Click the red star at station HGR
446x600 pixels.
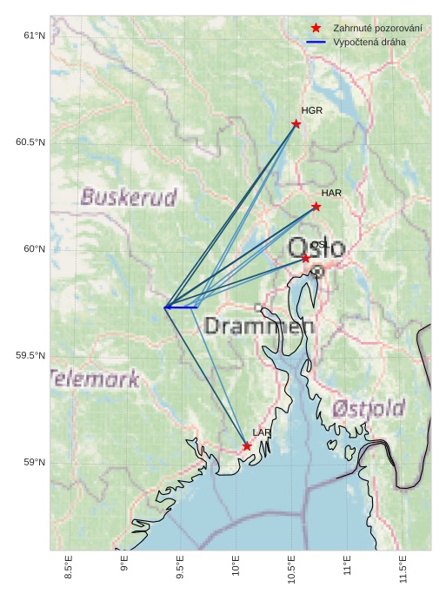pos(296,123)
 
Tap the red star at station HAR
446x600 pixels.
pos(316,207)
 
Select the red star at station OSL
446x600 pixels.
pos(306,259)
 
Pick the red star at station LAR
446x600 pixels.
pos(247,446)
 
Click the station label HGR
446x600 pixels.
pos(312,111)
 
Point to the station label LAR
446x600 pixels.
pos(262,432)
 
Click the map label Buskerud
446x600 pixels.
pos(129,197)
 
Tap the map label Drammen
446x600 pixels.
pos(259,327)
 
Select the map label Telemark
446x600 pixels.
pos(95,379)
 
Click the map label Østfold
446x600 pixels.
pos(369,408)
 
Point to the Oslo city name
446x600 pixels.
pos(316,247)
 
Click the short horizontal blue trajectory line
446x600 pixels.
pos(181,307)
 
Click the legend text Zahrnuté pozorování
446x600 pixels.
pos(377,29)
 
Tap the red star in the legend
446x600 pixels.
pos(316,29)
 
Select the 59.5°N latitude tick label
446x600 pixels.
pos(30,356)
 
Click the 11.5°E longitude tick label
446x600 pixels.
pos(403,569)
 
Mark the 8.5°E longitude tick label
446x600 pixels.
pos(69,567)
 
